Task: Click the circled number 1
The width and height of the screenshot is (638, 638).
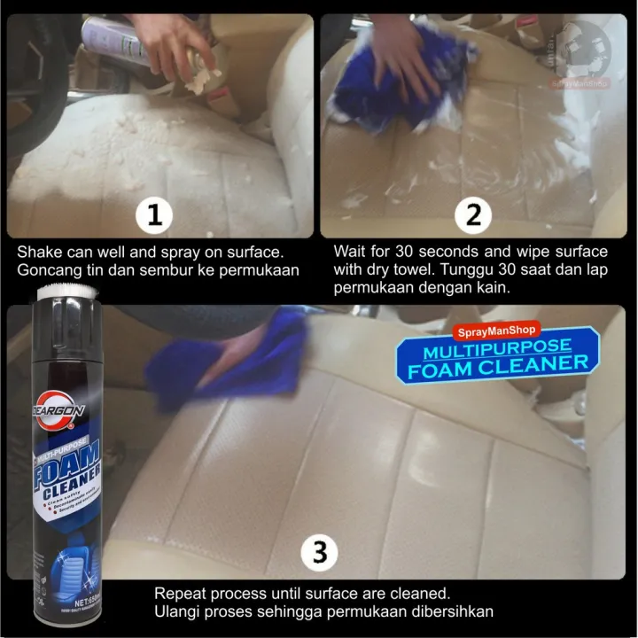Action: pos(155,215)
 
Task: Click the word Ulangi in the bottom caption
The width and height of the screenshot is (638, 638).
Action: pos(176,612)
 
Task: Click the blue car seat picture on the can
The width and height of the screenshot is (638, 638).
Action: pos(60,554)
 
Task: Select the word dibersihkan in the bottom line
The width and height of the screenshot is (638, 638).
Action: pos(448,612)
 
